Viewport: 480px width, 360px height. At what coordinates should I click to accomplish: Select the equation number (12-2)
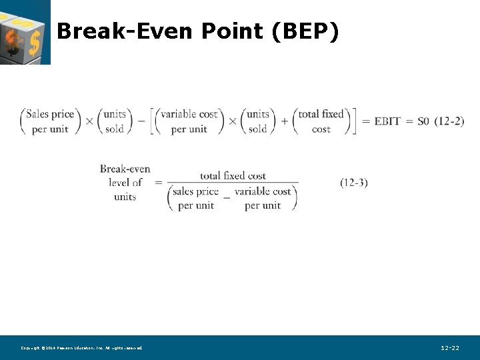point(449,121)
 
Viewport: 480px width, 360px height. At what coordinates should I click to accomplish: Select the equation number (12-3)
point(353,183)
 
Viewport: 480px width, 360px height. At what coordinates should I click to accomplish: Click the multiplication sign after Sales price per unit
point(89,122)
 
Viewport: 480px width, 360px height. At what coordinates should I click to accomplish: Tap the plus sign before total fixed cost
point(285,122)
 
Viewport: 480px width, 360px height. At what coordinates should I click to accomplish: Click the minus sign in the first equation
point(141,122)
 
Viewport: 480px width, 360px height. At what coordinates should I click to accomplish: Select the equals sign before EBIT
point(365,122)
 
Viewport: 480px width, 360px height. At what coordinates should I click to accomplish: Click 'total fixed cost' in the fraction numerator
point(233,176)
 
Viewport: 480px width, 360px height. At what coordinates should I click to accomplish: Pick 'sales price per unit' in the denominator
point(195,198)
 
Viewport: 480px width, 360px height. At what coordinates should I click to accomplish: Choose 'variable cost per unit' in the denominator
point(263,198)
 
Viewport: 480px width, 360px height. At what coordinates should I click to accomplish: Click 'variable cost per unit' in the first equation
point(189,121)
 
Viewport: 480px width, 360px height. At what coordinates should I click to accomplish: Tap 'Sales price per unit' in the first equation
point(50,121)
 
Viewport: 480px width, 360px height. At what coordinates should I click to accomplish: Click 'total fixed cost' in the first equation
point(321,121)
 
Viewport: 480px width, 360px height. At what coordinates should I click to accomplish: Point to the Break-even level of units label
point(125,183)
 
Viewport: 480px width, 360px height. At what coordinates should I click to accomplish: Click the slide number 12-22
point(450,348)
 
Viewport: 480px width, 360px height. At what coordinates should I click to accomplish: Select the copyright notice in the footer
point(81,348)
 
